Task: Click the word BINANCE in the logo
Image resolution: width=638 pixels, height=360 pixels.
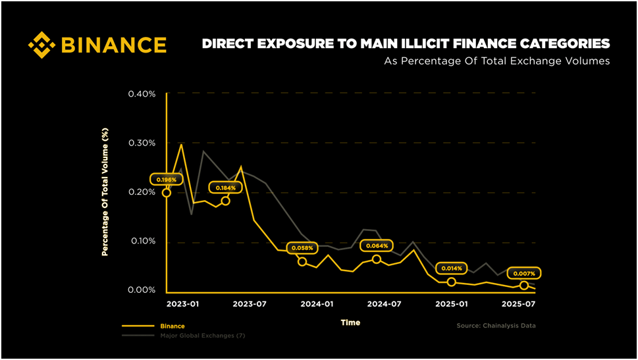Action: tap(113, 45)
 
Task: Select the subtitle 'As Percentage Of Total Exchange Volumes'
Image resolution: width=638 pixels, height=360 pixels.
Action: tap(496, 61)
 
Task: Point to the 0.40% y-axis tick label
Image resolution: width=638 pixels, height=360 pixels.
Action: tap(142, 94)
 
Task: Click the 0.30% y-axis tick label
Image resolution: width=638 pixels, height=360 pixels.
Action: tap(142, 143)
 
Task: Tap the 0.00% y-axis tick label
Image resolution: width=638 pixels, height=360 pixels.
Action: tap(142, 290)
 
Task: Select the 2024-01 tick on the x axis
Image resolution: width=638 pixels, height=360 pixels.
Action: tap(317, 304)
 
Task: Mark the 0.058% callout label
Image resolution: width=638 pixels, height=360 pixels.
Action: tap(302, 247)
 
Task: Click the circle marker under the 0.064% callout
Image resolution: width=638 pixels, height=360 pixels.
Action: tap(377, 259)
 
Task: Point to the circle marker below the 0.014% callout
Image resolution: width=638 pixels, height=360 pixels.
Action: tap(451, 282)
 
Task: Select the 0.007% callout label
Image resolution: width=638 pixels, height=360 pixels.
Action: tap(525, 272)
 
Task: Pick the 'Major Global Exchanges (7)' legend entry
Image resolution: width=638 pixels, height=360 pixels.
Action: tap(202, 336)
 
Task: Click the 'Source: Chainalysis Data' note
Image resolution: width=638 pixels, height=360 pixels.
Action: tap(496, 326)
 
